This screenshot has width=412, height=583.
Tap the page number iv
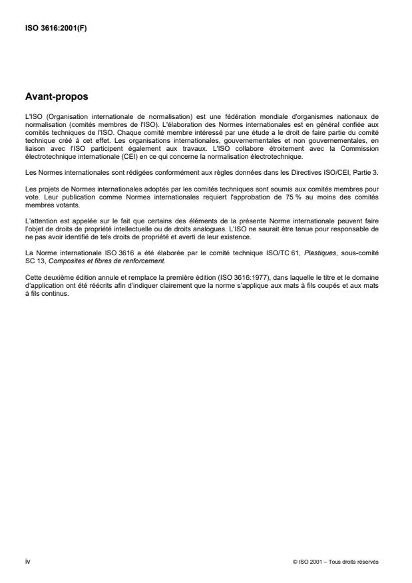(x=27, y=562)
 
